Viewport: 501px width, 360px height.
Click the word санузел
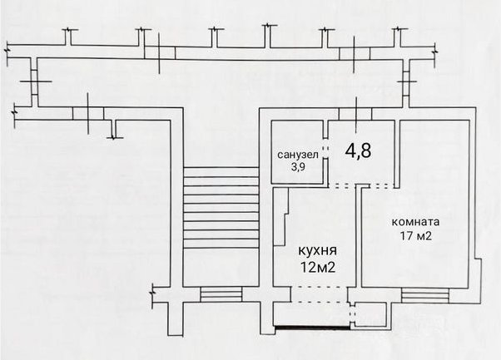298,155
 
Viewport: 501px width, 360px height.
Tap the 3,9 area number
297,167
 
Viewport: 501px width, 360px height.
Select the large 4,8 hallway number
358,150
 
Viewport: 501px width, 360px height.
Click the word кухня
317,250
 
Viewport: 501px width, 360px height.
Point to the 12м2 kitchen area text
318,267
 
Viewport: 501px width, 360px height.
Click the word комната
415,222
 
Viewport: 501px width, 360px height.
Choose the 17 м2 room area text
415,236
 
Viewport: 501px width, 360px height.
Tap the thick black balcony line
312,327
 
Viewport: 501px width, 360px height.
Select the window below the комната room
425,295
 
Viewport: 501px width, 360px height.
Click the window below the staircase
221,294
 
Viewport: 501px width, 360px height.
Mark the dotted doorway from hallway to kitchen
342,185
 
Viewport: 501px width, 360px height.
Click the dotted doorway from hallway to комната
381,185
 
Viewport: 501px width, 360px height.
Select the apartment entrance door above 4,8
355,114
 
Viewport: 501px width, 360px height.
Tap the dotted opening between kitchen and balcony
318,294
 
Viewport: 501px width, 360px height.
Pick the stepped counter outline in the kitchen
282,217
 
